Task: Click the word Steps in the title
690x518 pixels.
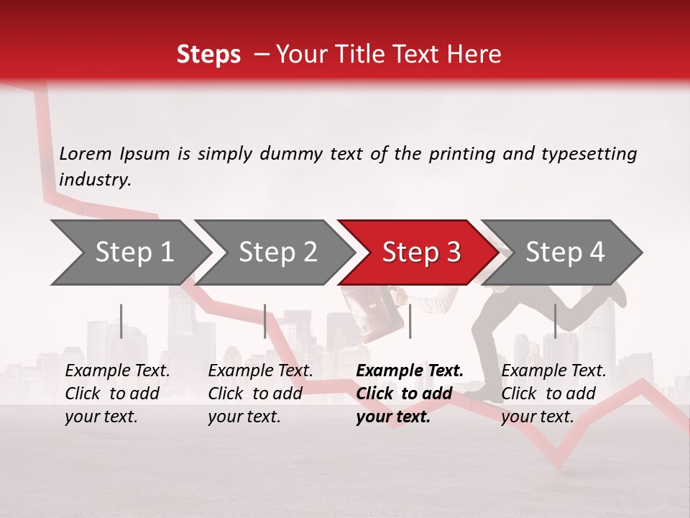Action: [208, 55]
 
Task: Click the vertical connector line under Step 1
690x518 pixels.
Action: [121, 321]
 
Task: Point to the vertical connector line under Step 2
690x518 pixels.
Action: [265, 321]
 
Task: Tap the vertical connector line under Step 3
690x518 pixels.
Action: [410, 321]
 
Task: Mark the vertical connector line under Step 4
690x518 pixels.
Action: [555, 321]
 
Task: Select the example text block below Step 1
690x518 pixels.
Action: [117, 394]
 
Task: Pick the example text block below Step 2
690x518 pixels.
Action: [260, 394]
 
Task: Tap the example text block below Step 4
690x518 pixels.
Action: [553, 394]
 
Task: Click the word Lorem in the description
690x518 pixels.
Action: [86, 153]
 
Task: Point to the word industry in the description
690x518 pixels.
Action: [95, 180]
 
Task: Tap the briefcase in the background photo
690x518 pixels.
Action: [366, 314]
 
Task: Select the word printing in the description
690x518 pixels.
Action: [460, 154]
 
